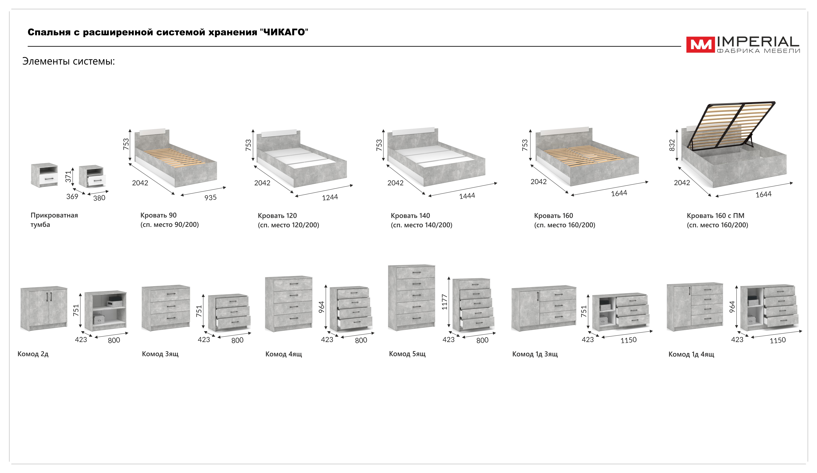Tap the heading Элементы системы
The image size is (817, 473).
pos(68,61)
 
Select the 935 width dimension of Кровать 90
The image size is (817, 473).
pos(210,197)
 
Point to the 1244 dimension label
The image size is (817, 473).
pos(330,197)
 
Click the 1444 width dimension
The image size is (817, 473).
pos(467,196)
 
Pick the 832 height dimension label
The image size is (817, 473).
pos(672,145)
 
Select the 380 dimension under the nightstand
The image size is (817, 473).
pos(99,198)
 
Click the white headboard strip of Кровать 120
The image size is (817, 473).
pos(279,133)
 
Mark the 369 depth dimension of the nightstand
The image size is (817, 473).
pos(72,197)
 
